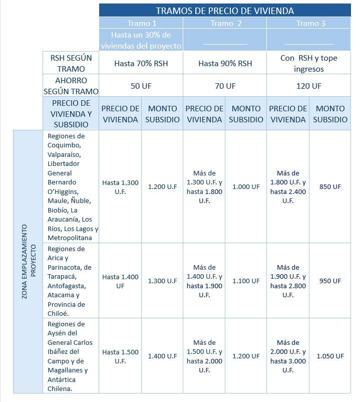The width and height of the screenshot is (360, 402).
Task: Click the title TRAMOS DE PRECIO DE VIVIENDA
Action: [224, 11]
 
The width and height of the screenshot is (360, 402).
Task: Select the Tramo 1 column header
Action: [142, 23]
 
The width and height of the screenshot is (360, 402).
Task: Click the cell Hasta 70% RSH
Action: [141, 64]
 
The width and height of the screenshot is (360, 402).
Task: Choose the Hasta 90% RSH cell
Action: [225, 64]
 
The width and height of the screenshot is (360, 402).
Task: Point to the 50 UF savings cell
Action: [141, 86]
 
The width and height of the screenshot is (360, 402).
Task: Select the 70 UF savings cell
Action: [225, 86]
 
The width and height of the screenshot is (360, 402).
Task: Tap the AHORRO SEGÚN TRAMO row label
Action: [72, 86]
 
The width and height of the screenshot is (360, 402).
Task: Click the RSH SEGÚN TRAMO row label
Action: [72, 64]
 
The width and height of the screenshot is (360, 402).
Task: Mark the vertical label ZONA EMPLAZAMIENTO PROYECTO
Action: [28, 262]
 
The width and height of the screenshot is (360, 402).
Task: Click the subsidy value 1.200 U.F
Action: [162, 186]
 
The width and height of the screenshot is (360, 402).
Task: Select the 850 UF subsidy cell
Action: [330, 186]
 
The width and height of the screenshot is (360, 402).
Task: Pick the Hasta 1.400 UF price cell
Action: [120, 281]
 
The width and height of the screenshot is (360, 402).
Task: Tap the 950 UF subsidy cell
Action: [330, 281]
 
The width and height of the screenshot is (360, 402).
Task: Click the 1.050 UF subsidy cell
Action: [330, 356]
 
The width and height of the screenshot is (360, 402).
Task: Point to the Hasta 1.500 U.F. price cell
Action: [120, 356]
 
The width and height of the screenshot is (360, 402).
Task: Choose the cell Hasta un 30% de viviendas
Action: [141, 40]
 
